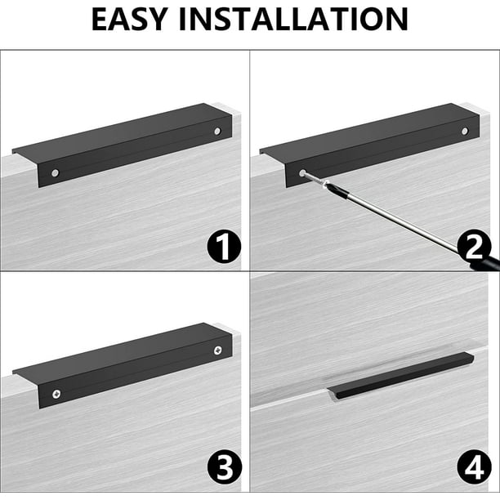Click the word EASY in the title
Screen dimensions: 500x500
pyautogui.click(x=129, y=19)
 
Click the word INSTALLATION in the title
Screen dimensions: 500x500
pyautogui.click(x=293, y=19)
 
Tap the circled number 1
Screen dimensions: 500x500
pyautogui.click(x=224, y=246)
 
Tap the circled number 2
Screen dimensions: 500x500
pyautogui.click(x=474, y=246)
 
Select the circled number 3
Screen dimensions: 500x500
pyautogui.click(x=225, y=467)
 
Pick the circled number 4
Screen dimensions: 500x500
pyautogui.click(x=474, y=467)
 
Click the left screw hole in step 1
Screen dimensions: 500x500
pyautogui.click(x=56, y=173)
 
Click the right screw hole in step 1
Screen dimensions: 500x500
pyautogui.click(x=217, y=131)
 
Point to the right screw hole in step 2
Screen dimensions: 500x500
pyautogui.click(x=465, y=131)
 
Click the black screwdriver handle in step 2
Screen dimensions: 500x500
pyautogui.click(x=488, y=261)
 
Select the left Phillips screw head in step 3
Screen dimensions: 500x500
pyautogui.click(x=56, y=394)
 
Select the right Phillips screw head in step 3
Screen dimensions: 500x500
pyautogui.click(x=218, y=350)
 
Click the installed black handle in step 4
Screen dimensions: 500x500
pyautogui.click(x=400, y=376)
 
